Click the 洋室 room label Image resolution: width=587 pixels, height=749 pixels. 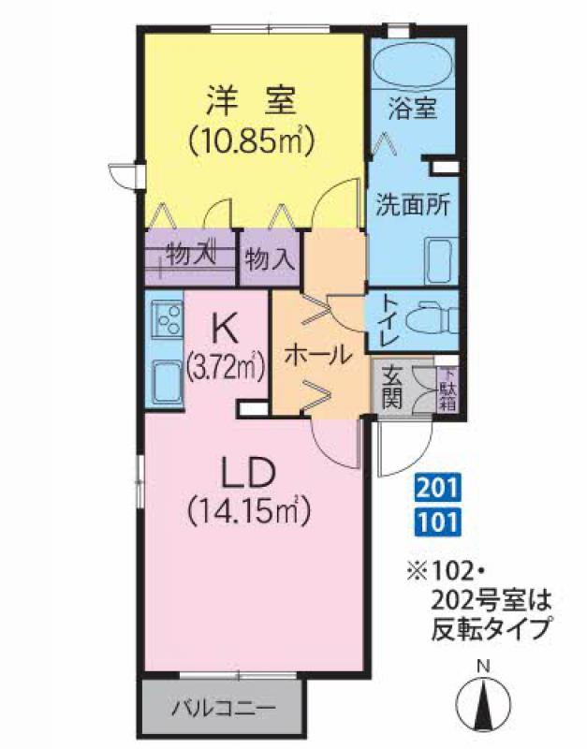251,100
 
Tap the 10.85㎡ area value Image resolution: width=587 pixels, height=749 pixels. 251,139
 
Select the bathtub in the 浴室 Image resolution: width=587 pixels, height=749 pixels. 412,65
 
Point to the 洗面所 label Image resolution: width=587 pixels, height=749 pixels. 413,205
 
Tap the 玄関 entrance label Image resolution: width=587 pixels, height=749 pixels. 392,387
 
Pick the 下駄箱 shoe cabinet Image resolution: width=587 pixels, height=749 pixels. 448,388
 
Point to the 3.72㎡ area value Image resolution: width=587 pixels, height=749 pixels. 226,368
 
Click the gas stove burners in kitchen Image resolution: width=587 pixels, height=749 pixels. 168,319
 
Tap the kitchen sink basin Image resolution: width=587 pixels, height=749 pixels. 168,383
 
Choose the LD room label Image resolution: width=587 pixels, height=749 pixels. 249,472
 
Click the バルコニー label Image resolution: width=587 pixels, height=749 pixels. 224,708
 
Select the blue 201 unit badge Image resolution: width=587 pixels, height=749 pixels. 437,488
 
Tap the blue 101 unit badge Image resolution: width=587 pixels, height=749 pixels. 437,521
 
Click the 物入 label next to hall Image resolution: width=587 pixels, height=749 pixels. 269,260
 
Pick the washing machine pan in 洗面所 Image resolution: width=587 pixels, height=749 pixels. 440,261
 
